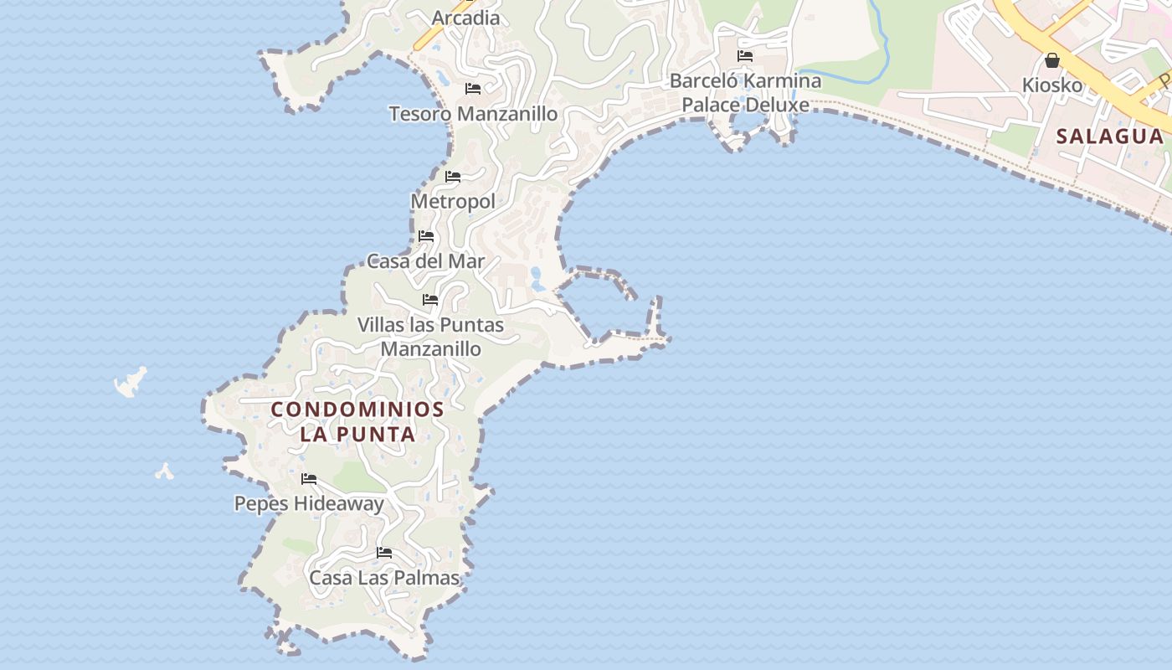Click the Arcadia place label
[465, 18]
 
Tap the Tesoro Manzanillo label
[473, 114]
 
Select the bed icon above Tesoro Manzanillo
[473, 88]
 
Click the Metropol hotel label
[452, 202]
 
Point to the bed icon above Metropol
[453, 177]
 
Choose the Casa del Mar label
[425, 261]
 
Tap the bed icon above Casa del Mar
[426, 236]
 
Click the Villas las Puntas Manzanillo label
[430, 337]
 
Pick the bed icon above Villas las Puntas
[430, 299]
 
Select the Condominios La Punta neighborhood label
[358, 421]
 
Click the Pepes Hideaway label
[309, 503]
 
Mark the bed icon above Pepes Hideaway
[309, 479]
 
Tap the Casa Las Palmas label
[384, 578]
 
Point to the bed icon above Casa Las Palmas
[384, 553]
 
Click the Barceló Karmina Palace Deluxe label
[745, 93]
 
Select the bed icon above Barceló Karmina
[745, 56]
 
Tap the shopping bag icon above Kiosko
[1052, 60]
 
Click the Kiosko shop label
[1052, 85]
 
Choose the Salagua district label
[1109, 136]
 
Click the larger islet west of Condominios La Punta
[131, 383]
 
